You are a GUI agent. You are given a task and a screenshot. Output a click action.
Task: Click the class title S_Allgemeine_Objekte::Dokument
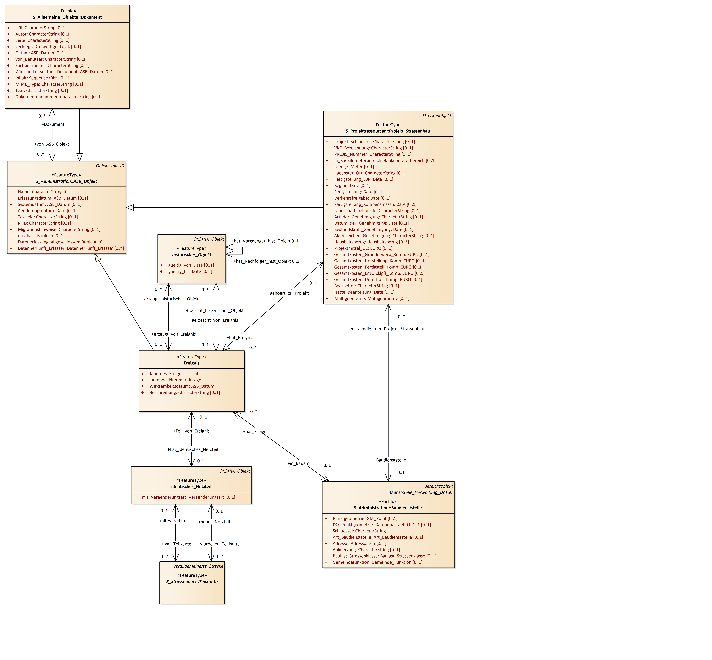coord(67,17)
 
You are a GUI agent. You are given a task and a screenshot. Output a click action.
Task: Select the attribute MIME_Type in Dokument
coord(49,84)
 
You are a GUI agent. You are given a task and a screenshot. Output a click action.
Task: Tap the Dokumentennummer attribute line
coord(58,97)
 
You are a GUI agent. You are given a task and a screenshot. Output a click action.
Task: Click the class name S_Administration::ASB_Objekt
coord(66,181)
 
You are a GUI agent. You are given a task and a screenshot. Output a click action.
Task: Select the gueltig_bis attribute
coord(190,271)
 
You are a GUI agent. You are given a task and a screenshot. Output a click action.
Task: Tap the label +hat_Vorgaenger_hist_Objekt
coord(261,241)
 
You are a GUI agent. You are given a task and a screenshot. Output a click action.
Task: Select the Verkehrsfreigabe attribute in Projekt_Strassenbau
coord(362,198)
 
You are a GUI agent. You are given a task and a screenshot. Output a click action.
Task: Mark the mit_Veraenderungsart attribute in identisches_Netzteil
coord(188,497)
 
